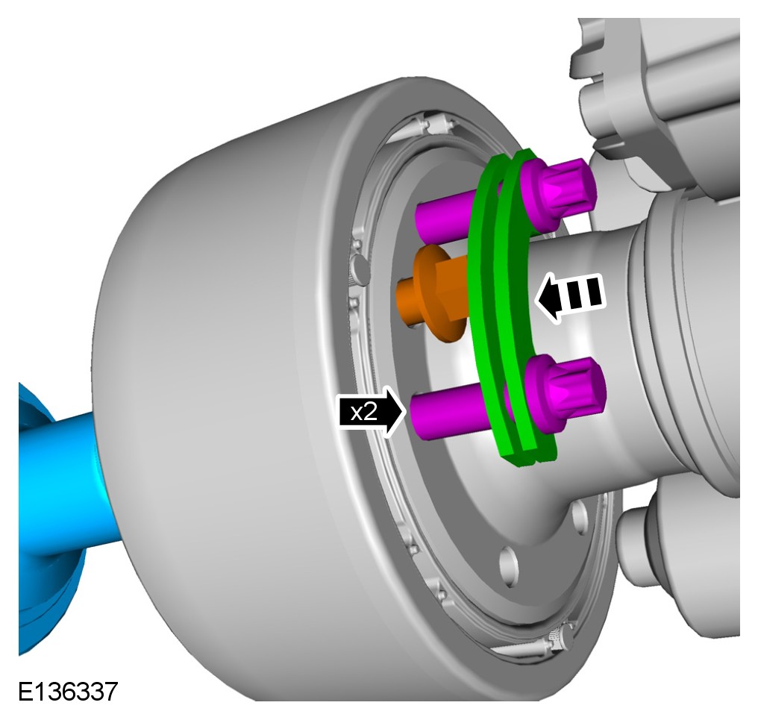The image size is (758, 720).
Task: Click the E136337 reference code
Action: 68,692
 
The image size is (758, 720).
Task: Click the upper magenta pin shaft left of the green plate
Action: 445,216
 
